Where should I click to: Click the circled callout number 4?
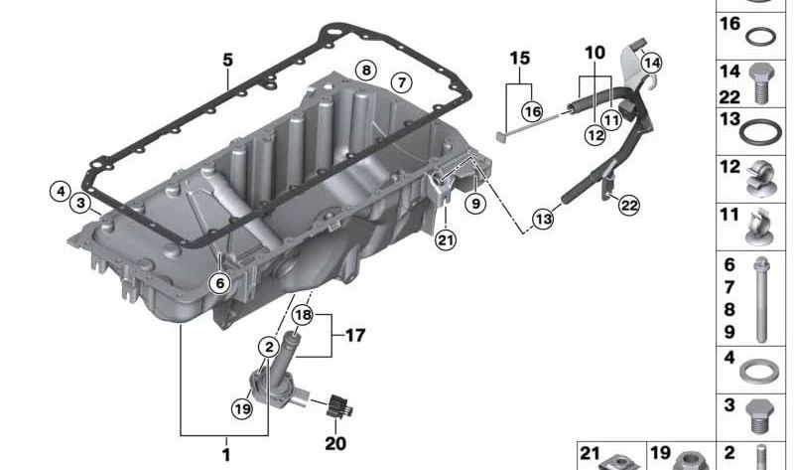point(61,191)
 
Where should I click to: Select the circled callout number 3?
point(80,204)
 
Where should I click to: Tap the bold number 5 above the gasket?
point(228,60)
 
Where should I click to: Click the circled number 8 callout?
point(366,70)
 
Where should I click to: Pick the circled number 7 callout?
point(402,82)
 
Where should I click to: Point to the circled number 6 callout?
point(219,282)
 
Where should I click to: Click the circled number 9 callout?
point(475,204)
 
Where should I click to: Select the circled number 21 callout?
point(446,239)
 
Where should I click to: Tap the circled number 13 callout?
point(543,219)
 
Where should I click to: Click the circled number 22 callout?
point(629,206)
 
